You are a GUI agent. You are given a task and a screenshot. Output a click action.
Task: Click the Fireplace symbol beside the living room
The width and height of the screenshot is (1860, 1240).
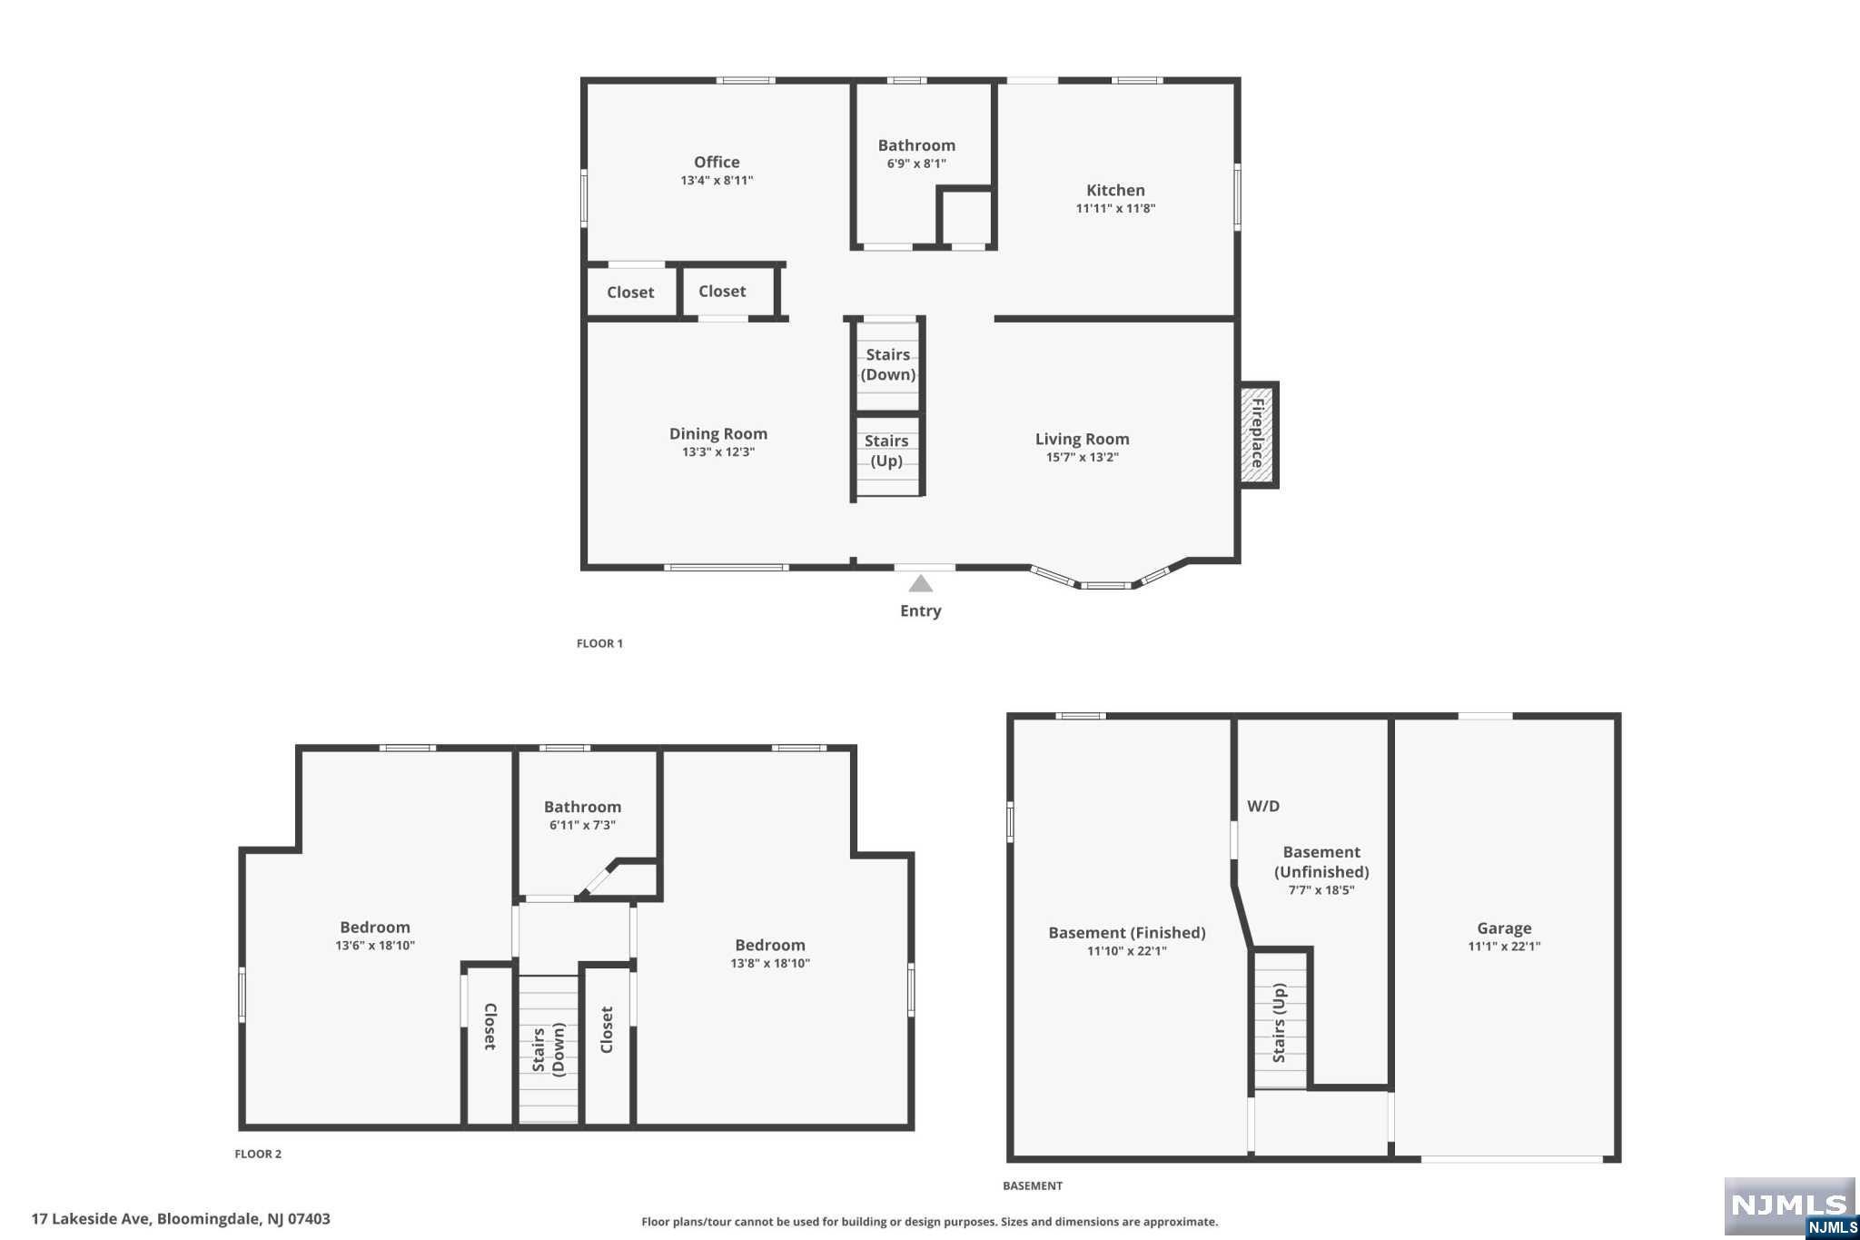point(1259,435)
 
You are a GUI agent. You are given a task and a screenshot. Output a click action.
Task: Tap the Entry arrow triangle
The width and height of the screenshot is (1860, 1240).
point(921,583)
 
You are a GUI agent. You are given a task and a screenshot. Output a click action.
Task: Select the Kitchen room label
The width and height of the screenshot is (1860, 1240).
point(1115,190)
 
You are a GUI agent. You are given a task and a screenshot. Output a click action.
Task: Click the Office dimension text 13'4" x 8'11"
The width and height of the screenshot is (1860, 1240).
point(717,180)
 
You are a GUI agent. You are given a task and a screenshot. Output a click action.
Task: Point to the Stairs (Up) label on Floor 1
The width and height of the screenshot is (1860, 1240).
point(886,451)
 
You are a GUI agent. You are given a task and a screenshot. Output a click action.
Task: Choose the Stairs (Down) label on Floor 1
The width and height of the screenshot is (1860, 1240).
point(888,364)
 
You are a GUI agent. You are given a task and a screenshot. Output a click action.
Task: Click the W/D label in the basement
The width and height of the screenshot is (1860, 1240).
point(1263,806)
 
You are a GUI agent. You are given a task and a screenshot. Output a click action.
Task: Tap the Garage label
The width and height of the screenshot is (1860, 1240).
point(1504,928)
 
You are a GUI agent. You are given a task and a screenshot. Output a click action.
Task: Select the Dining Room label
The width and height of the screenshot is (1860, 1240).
point(718,433)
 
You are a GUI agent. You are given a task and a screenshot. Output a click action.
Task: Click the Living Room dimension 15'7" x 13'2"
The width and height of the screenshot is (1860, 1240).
point(1082,457)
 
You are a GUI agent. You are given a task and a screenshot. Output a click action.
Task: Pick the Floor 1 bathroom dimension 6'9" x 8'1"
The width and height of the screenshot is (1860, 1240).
point(916,164)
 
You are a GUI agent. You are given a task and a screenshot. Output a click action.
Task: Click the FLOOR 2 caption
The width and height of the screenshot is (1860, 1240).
point(258,1154)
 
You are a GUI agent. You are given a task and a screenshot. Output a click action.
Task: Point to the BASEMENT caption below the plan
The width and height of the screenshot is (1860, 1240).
point(1033,1185)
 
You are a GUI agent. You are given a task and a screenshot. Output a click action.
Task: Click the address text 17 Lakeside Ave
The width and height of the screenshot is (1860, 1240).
point(92,1219)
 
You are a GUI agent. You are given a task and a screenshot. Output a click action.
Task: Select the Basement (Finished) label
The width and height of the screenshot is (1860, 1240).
point(1127,932)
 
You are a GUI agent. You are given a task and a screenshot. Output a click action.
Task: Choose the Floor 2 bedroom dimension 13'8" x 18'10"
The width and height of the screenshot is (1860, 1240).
point(770,963)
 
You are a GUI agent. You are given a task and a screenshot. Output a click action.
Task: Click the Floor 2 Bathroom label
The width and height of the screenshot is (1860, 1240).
point(582,807)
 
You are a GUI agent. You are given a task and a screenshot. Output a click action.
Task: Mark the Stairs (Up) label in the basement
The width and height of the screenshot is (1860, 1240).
point(1279,1023)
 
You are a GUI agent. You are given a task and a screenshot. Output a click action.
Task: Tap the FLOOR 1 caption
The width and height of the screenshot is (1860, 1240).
point(599,643)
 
